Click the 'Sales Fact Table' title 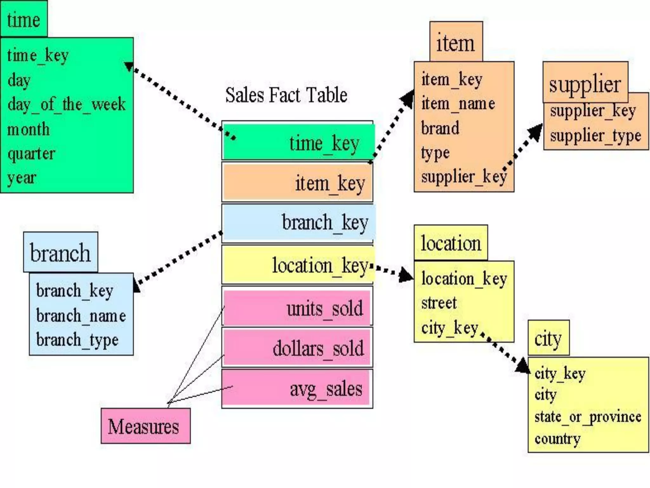coord(286,95)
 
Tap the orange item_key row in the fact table coord(298,182)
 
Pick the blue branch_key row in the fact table coord(298,222)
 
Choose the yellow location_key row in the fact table coord(298,265)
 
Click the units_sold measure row coord(297,308)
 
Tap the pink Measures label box coord(145,426)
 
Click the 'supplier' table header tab coord(585,83)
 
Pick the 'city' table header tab coord(548,338)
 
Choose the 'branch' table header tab coord(60,252)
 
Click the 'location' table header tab coord(451,243)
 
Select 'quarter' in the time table coord(31,154)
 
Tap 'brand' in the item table coord(440,128)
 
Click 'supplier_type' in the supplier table coord(595,136)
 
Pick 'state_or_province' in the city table coord(587,417)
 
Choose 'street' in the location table coord(439,303)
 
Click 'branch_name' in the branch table coord(81,315)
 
